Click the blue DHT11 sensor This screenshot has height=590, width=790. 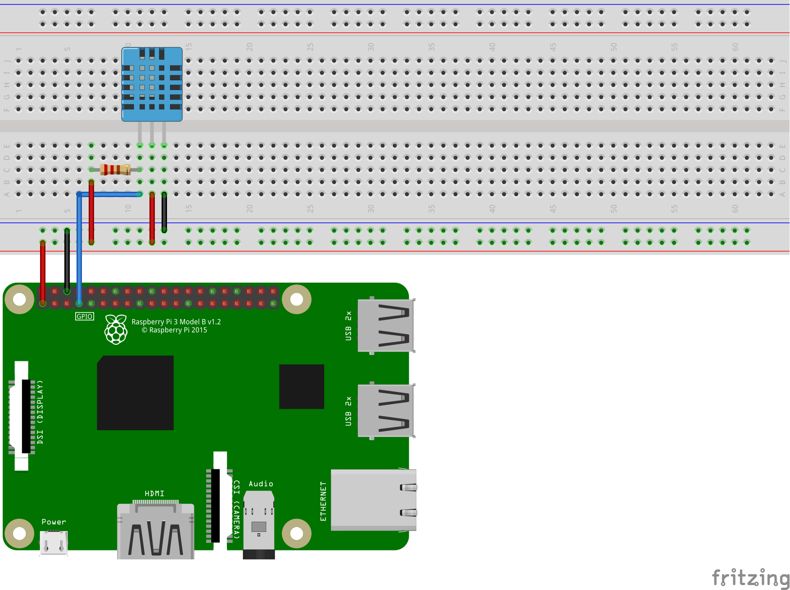tap(152, 84)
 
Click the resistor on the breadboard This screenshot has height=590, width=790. tap(115, 170)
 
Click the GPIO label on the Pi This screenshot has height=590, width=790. tap(85, 316)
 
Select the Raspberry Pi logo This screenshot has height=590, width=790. tap(116, 329)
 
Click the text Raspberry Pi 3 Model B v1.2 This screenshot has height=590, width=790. tap(176, 322)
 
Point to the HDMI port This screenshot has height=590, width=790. tap(155, 531)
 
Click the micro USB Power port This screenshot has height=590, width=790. tap(54, 543)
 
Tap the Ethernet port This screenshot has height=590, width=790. tap(373, 500)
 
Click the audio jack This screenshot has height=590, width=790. tap(259, 524)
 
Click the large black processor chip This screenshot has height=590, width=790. tap(135, 392)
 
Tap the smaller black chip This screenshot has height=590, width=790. tap(301, 387)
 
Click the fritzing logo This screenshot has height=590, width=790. tap(750, 577)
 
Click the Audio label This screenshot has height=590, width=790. tap(261, 484)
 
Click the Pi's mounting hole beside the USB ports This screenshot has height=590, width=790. tap(297, 299)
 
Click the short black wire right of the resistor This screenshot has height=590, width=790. tap(164, 212)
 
